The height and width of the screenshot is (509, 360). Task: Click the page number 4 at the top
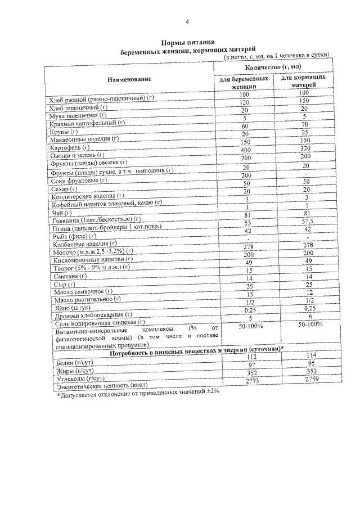(x=187, y=22)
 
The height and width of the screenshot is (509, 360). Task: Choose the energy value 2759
(x=304, y=381)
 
